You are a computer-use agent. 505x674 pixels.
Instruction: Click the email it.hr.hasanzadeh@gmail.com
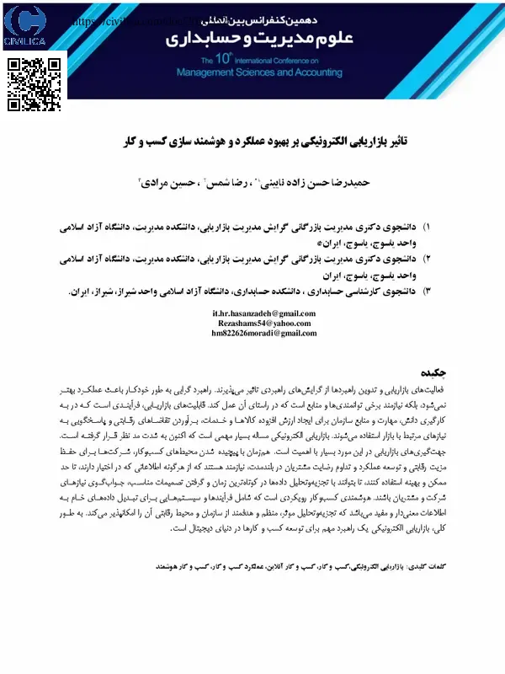pos(263,313)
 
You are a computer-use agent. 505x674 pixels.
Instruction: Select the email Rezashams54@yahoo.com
pos(263,323)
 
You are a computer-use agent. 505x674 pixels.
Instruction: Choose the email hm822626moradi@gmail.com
pos(263,333)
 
